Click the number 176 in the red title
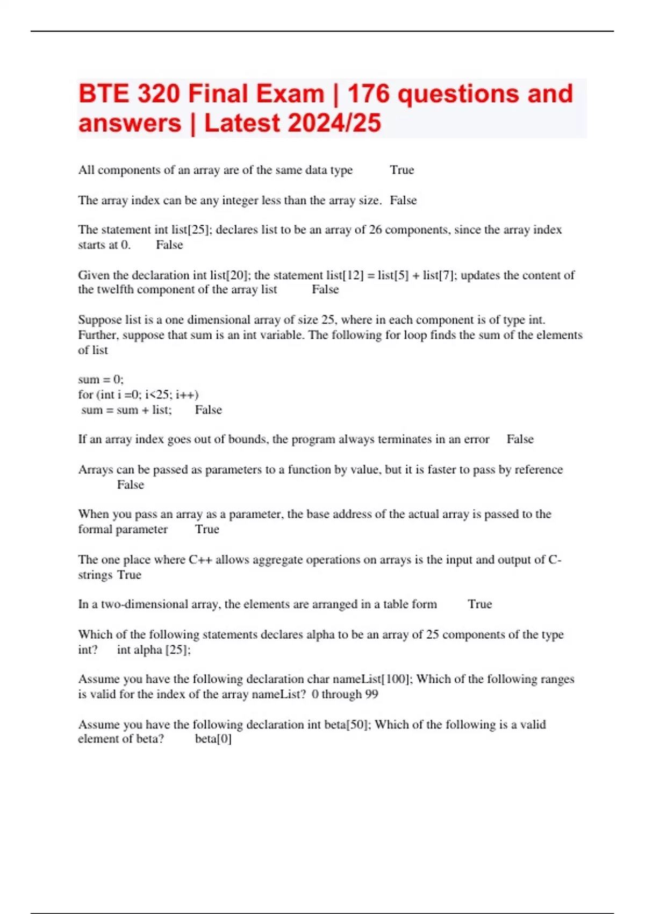tap(369, 94)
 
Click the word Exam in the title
tap(290, 94)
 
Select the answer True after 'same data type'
tap(402, 170)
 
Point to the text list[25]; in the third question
tap(192, 230)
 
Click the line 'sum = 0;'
tap(101, 380)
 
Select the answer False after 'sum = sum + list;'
tap(208, 410)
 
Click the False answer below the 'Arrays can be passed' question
tap(131, 484)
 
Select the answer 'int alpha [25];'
tap(154, 649)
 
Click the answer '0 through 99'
tap(345, 694)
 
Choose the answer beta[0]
tap(213, 739)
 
